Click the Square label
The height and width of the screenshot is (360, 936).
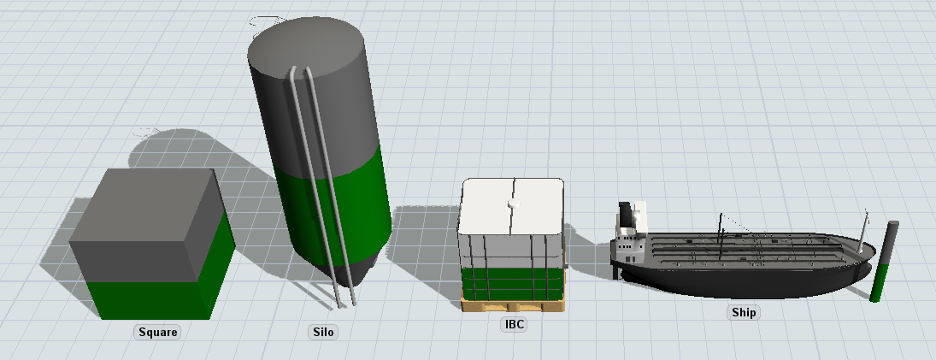coord(158,332)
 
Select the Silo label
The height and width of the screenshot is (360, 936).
coord(323,332)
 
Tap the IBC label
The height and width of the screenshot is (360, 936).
coord(514,324)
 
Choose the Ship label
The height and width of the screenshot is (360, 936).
coord(744,312)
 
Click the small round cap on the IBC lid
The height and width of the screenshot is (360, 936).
coord(512,204)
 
